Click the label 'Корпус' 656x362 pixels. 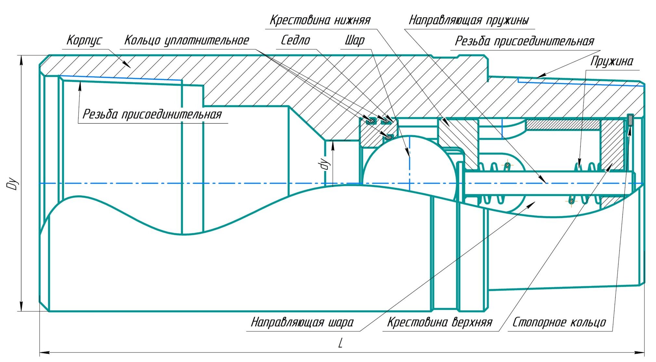84,41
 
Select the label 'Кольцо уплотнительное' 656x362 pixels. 187,41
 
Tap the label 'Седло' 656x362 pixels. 295,41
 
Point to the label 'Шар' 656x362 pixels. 355,41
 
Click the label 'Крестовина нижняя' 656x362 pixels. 320,20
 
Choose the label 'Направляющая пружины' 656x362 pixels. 468,20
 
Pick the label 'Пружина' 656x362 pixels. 611,61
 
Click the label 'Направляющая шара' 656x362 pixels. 302,322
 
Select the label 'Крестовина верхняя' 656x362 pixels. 440,322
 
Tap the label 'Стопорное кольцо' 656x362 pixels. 559,322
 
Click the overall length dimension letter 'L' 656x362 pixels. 340,343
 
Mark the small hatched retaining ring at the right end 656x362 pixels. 630,120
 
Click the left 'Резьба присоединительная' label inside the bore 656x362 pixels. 152,114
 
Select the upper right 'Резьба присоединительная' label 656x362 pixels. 524,41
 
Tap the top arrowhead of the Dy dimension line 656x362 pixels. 21,58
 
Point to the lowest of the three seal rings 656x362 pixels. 388,137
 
